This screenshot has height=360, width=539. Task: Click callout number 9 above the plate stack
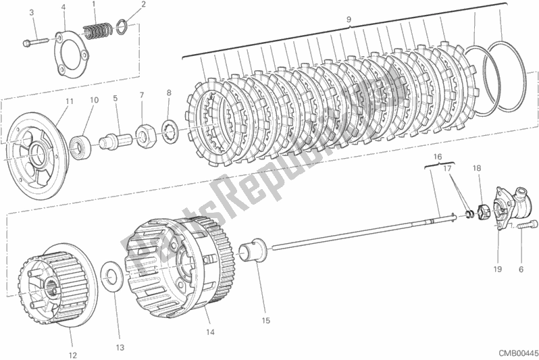point(349,20)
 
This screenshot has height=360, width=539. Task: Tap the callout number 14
point(210,332)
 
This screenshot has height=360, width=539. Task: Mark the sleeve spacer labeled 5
point(114,142)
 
